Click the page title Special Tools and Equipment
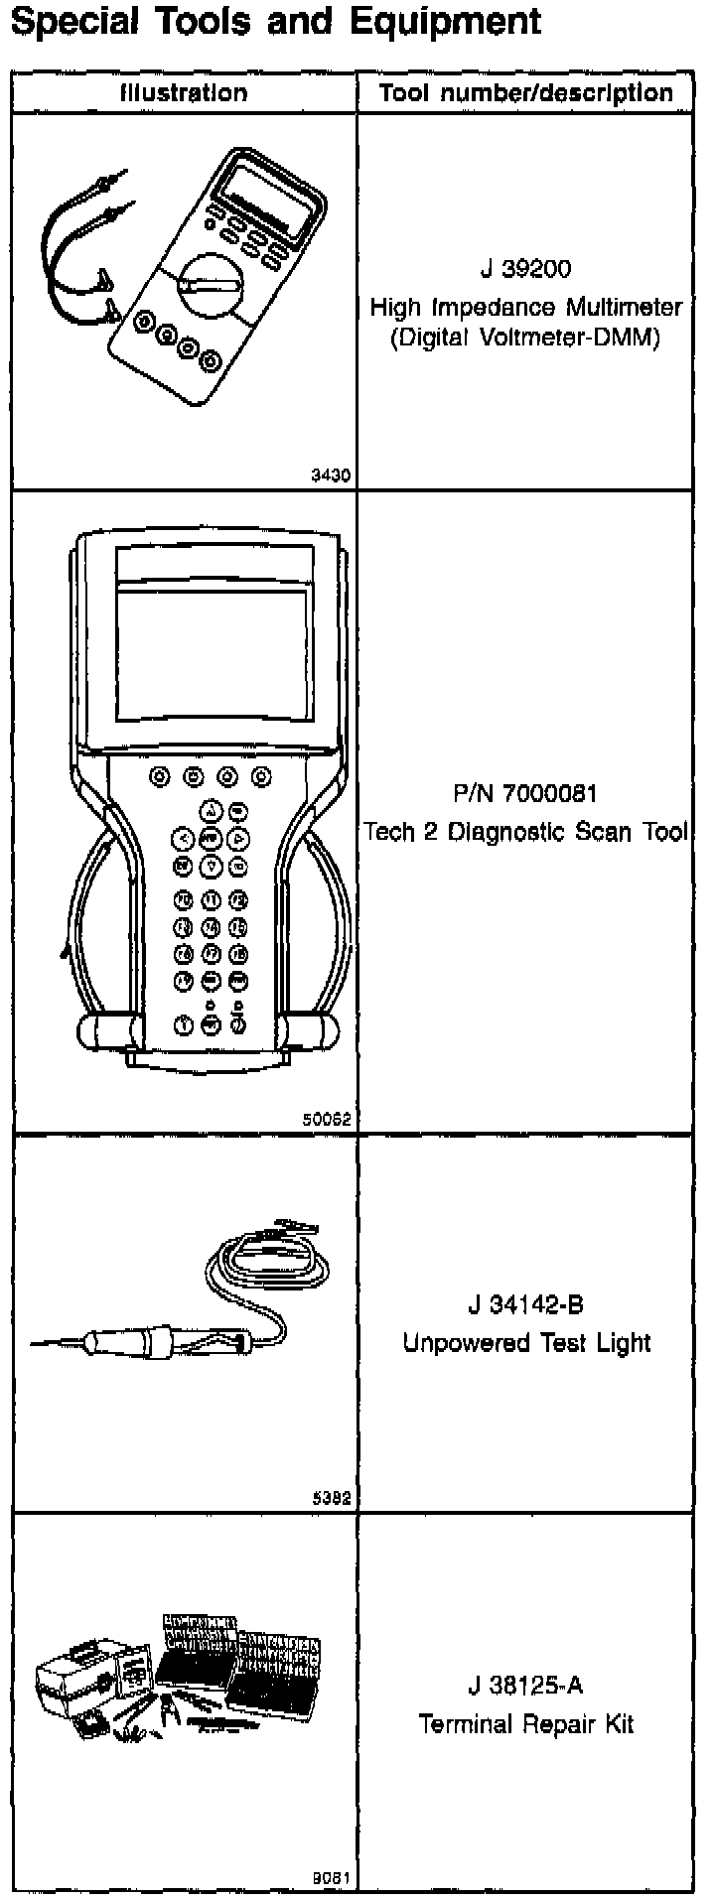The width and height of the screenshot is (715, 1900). coord(275,22)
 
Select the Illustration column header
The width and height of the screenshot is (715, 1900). coord(184,93)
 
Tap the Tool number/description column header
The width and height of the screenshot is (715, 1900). coord(526,93)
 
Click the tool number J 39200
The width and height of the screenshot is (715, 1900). coord(525,270)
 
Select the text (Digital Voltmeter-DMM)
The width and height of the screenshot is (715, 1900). coord(525,339)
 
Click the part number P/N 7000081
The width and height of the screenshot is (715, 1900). coord(525,793)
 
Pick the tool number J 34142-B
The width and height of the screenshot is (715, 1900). coord(525,1304)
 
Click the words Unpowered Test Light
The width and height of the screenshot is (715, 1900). coord(525,1343)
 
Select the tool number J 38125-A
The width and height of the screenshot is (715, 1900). coord(525,1686)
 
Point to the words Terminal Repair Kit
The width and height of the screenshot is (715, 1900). coord(525,1724)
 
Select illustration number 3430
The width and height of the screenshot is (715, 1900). coord(331,475)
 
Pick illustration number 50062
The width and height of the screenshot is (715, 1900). coord(327,1119)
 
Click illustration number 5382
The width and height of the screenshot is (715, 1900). coord(331,1498)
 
